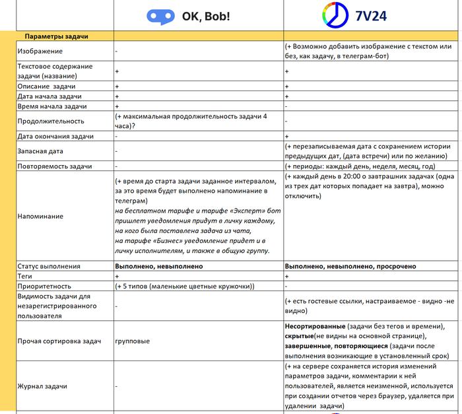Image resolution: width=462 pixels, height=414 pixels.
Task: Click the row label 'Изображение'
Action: (40, 51)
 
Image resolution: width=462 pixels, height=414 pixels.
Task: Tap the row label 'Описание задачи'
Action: (46, 87)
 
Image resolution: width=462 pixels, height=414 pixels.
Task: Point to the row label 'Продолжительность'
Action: (51, 121)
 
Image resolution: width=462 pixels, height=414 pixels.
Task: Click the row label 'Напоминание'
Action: (40, 216)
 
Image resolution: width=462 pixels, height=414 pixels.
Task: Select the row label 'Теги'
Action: (26, 275)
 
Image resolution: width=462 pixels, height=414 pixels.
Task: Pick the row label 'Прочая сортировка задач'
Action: (59, 341)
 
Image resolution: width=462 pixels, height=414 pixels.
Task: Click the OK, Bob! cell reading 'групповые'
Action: (132, 341)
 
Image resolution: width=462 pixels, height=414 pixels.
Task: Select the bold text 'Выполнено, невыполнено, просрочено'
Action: (350, 266)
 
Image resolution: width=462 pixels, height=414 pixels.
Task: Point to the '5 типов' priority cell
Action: (184, 285)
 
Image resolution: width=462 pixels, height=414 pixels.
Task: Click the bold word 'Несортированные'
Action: (315, 327)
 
